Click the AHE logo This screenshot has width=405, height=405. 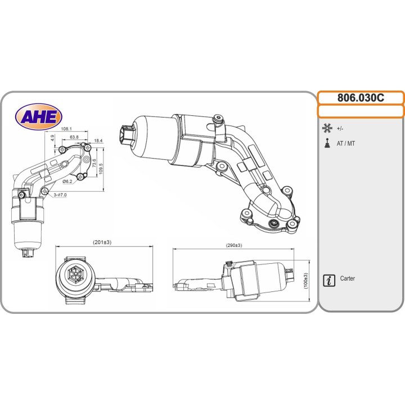click(x=39, y=116)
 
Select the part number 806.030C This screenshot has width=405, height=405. click(x=361, y=98)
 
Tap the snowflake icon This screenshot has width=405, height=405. click(x=327, y=128)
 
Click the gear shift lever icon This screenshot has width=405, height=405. click(x=327, y=143)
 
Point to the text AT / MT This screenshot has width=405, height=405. click(x=346, y=143)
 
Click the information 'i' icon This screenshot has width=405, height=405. click(x=329, y=280)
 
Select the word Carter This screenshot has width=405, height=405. click(x=348, y=279)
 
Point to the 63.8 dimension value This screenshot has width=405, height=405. click(x=74, y=137)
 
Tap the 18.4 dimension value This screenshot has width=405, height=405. click(x=98, y=141)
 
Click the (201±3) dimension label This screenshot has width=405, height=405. click(x=102, y=242)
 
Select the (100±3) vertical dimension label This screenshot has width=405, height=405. click(x=306, y=282)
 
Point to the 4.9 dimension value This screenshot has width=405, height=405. click(x=52, y=137)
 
